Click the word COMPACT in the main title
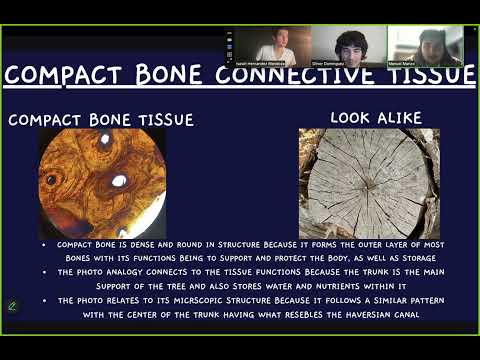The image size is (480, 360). pyautogui.click(x=74, y=75)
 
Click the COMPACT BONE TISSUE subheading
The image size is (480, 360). pyautogui.click(x=101, y=120)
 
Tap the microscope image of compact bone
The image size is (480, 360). pyautogui.click(x=102, y=183)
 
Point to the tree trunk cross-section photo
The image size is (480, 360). pyautogui.click(x=368, y=183)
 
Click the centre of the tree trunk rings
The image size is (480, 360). pyautogui.click(x=366, y=178)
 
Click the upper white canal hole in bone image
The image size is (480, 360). pyautogui.click(x=104, y=141)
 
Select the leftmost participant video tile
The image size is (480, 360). pyautogui.click(x=269, y=45)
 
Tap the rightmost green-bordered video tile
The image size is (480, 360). pyautogui.click(x=425, y=45)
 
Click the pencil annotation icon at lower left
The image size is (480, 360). pyautogui.click(x=13, y=305)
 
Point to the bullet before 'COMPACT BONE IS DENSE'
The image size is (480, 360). pyautogui.click(x=43, y=245)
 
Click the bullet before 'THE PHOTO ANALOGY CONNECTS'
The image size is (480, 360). pyautogui.click(x=43, y=272)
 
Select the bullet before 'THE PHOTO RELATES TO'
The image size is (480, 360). pyautogui.click(x=43, y=300)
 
